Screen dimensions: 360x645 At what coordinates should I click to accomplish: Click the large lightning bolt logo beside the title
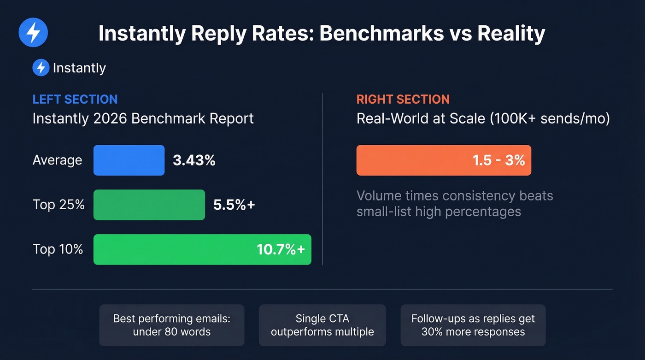tap(33, 33)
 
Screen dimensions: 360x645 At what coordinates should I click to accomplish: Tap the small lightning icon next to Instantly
tap(41, 68)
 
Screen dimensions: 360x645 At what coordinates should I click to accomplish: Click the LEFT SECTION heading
tap(75, 99)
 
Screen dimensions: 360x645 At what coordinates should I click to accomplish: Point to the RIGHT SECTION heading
tap(403, 99)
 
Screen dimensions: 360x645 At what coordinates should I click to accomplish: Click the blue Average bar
tap(129, 160)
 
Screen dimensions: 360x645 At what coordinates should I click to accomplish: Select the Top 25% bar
tap(149, 205)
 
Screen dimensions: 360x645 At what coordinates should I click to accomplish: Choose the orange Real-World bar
tap(415, 160)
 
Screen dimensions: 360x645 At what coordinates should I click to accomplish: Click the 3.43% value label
tap(194, 160)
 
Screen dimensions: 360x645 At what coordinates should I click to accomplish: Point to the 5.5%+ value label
tap(234, 205)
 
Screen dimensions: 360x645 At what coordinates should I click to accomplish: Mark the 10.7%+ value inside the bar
tap(281, 249)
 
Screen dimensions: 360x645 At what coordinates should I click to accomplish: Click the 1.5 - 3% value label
tap(498, 160)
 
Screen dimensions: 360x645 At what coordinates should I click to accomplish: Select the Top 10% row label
tap(58, 249)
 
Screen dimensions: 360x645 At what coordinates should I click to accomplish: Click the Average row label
tap(57, 160)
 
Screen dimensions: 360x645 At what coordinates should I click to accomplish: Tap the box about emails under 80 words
tap(171, 325)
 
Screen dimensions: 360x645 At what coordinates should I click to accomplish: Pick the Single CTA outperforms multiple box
tap(322, 325)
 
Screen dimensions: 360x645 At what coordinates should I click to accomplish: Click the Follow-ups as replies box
tap(473, 325)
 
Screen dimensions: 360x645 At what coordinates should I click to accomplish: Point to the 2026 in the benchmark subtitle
tap(110, 118)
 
